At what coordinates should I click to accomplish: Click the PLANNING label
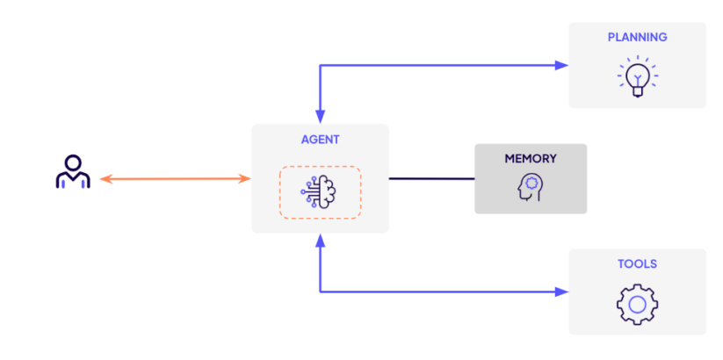tap(637, 37)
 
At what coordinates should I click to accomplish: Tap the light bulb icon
tap(637, 76)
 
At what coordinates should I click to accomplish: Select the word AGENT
tap(320, 139)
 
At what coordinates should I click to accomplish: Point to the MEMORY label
tap(530, 159)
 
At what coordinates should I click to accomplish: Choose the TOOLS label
tap(637, 263)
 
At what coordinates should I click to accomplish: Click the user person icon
tap(73, 173)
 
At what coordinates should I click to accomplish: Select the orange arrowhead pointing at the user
tap(105, 179)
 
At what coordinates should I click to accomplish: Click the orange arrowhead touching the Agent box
tap(246, 179)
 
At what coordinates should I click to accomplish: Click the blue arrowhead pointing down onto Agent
tap(321, 117)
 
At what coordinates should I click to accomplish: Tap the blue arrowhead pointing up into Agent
tap(321, 241)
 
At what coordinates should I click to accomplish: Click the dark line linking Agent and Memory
tap(431, 179)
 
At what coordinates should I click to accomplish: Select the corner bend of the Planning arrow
tap(321, 65)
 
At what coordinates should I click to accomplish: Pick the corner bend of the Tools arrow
tap(321, 291)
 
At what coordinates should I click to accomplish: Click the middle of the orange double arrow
tap(175, 179)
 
